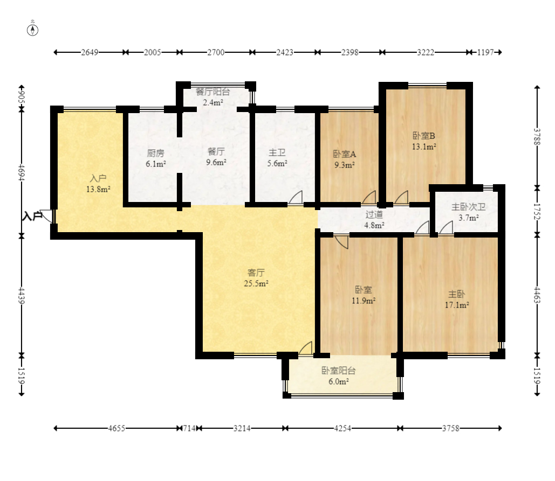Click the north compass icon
pyautogui.click(x=32, y=30)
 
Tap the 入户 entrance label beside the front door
pyautogui.click(x=32, y=215)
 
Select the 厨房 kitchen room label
pyautogui.click(x=155, y=154)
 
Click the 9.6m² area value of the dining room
pyautogui.click(x=216, y=162)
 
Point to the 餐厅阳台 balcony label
pyautogui.click(x=213, y=92)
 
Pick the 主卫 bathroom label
pyautogui.click(x=277, y=152)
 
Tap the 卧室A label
pyautogui.click(x=345, y=154)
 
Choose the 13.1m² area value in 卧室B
pyautogui.click(x=424, y=147)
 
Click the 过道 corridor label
pyautogui.click(x=374, y=214)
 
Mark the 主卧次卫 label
pyautogui.click(x=468, y=207)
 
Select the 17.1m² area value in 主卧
pyautogui.click(x=457, y=305)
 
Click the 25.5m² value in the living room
pyautogui.click(x=256, y=283)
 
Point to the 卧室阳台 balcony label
pyautogui.click(x=338, y=371)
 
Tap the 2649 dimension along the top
pyautogui.click(x=90, y=52)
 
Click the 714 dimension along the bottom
pyautogui.click(x=189, y=428)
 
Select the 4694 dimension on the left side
pyautogui.click(x=22, y=172)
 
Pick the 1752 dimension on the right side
pyautogui.click(x=537, y=211)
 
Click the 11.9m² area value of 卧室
pyautogui.click(x=364, y=301)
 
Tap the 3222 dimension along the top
pyautogui.click(x=426, y=52)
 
